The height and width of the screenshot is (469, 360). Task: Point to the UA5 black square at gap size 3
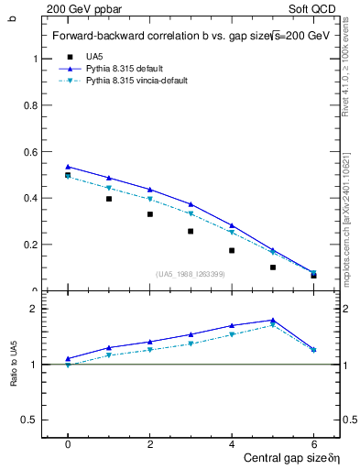(191, 231)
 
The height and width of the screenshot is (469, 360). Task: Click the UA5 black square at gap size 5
(273, 267)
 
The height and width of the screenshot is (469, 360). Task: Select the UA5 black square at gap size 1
(109, 199)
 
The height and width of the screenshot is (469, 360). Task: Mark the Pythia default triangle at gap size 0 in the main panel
(68, 167)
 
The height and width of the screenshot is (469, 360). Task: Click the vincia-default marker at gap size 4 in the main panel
(232, 232)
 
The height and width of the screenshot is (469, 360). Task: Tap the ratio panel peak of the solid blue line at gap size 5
(273, 320)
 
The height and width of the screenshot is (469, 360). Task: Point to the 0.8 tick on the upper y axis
(36, 104)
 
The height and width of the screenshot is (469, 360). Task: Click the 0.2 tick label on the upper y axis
(30, 245)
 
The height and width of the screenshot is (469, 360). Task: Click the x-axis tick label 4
(232, 443)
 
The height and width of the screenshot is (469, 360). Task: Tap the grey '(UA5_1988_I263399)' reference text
(191, 274)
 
